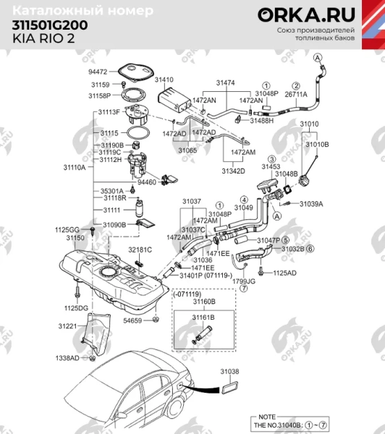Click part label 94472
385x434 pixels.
point(98,72)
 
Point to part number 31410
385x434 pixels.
point(164,79)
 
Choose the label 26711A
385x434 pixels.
point(296,94)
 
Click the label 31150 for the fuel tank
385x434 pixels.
point(76,237)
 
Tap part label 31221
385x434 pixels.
point(68,326)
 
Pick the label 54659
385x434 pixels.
point(132,319)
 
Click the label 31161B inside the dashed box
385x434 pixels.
point(203,317)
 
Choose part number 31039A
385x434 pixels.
point(312,204)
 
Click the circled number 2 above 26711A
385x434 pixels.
point(295,85)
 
